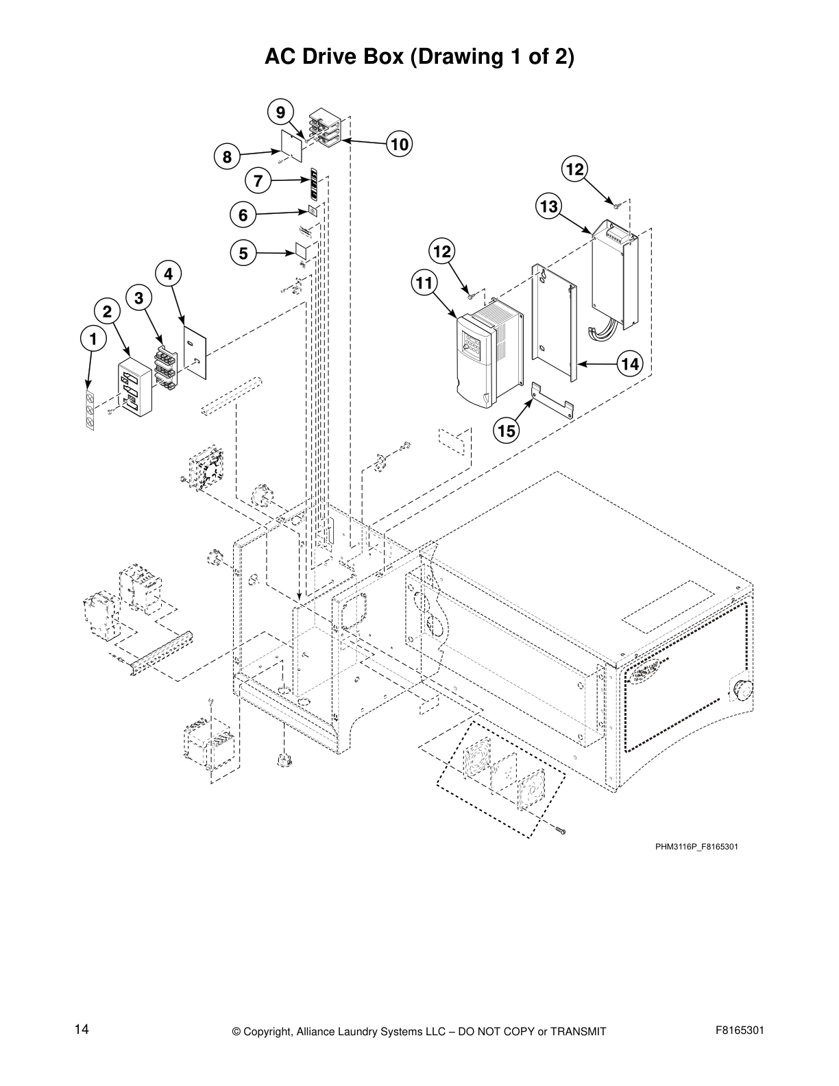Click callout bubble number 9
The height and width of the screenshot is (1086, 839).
[x=280, y=112]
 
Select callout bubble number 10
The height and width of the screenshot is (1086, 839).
[x=400, y=144]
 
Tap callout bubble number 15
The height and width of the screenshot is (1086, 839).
[x=507, y=431]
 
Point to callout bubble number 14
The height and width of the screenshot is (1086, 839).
[x=630, y=364]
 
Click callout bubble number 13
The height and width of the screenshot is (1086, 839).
[x=549, y=206]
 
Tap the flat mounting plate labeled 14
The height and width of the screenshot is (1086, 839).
[x=555, y=322]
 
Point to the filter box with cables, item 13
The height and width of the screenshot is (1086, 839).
[x=615, y=274]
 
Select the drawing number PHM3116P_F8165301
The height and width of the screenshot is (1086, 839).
[x=696, y=847]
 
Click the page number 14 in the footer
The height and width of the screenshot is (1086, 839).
[x=82, y=1029]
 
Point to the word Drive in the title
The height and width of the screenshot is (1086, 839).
[x=374, y=56]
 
